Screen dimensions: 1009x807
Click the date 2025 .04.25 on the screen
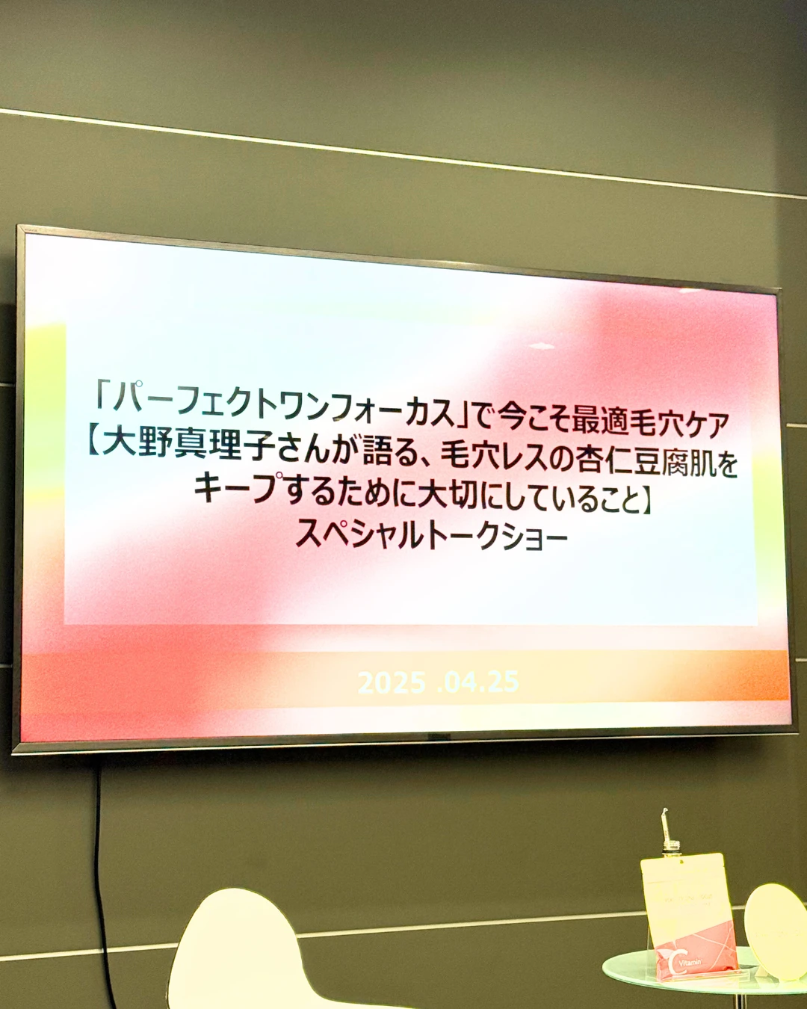pyautogui.click(x=438, y=682)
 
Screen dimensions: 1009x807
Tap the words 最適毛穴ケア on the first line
pyautogui.click(x=650, y=424)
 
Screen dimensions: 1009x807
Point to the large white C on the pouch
pyautogui.click(x=674, y=961)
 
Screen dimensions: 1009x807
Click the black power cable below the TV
pyautogui.click(x=101, y=860)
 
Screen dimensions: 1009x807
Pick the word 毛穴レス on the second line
pyautogui.click(x=493, y=456)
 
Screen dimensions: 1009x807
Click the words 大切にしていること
pyautogui.click(x=516, y=496)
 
